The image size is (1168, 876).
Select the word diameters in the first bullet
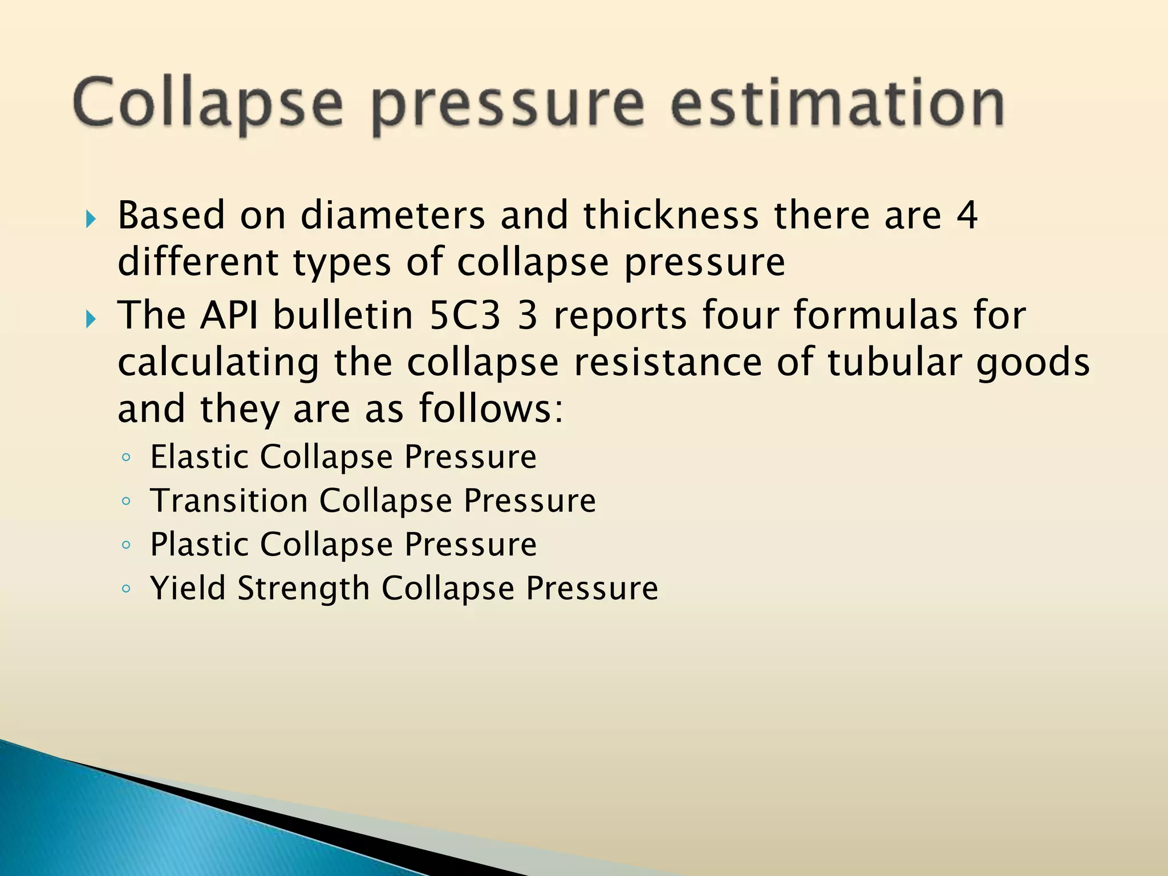click(393, 216)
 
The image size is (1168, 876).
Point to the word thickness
click(671, 216)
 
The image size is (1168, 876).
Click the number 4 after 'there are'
click(967, 216)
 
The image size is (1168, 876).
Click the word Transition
click(229, 501)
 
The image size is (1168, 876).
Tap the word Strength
click(304, 589)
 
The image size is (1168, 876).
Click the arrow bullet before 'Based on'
click(91, 218)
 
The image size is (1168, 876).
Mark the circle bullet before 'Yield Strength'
click(126, 589)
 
